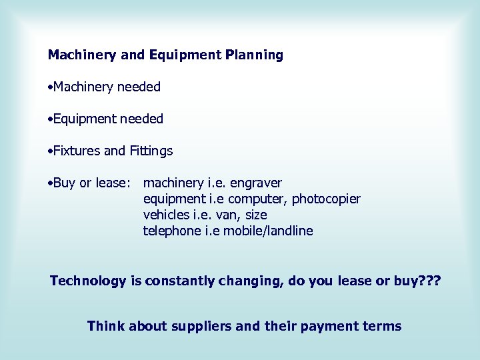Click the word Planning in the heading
tap(254, 55)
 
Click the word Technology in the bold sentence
tap(88, 281)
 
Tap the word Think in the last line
tap(105, 326)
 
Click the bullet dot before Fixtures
tap(50, 151)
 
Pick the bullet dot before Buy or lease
tap(50, 183)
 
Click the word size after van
tap(256, 215)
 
